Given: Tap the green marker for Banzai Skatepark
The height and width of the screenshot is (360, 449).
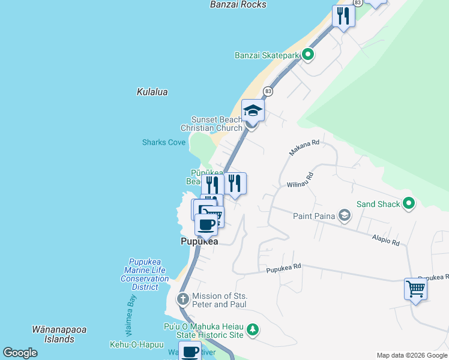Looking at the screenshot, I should (x=308, y=55).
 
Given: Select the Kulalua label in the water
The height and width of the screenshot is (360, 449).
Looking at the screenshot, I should (x=152, y=92).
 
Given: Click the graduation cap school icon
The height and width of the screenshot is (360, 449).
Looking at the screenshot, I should (x=253, y=111).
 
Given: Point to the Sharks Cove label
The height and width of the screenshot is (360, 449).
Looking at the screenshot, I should (x=164, y=142).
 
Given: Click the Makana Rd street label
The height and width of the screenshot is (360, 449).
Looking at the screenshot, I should (x=304, y=148).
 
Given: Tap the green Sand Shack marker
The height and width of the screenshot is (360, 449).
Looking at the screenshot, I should (x=409, y=203).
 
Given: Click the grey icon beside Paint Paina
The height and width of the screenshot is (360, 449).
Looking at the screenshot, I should (x=345, y=215).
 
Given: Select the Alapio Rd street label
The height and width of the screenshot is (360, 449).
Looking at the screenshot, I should (x=385, y=241).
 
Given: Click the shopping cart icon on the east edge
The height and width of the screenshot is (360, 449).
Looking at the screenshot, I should (x=415, y=289).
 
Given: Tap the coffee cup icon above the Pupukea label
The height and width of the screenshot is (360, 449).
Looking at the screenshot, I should (x=206, y=226).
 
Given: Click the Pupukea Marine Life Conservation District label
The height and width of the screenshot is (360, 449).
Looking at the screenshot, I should (x=145, y=274).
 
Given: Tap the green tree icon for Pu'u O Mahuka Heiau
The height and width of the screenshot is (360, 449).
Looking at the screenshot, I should (x=253, y=329).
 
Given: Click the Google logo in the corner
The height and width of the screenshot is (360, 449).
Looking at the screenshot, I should (x=20, y=353).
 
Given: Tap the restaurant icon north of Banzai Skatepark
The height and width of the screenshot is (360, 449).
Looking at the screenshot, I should (x=343, y=16).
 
